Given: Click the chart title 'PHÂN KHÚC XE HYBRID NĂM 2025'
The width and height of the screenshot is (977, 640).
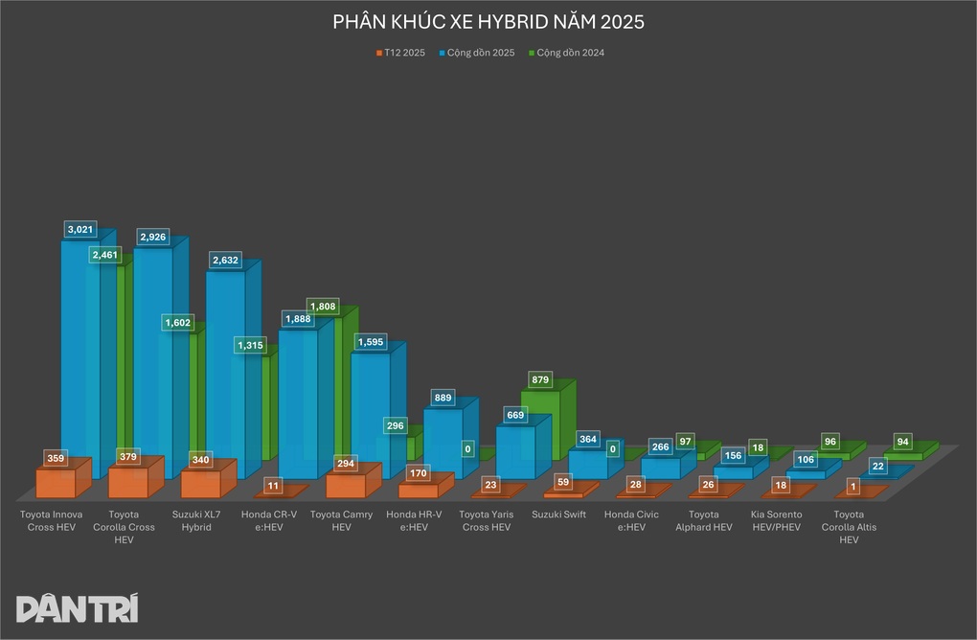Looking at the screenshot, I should tap(488, 21).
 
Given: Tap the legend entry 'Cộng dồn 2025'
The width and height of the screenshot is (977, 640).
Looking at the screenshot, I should tap(478, 53).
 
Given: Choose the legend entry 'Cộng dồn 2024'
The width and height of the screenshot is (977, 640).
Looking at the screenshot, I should tap(570, 53).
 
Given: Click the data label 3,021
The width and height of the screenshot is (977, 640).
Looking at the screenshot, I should tap(81, 229).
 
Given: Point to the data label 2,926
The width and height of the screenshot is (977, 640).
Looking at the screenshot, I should tap(155, 236).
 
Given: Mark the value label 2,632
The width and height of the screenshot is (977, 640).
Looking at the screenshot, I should tap(226, 259).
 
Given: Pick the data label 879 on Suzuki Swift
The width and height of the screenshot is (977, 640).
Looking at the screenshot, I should tap(540, 380).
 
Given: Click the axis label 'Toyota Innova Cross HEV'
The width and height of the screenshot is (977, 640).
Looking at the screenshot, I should tap(52, 520).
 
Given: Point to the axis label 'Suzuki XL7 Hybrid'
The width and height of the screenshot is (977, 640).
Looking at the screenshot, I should tap(195, 520).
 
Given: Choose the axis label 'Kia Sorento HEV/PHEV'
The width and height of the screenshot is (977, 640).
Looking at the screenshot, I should tap(777, 520).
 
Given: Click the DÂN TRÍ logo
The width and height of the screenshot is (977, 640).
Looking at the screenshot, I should tap(78, 608).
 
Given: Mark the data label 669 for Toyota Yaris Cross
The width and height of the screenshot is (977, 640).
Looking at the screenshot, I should tap(515, 415).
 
